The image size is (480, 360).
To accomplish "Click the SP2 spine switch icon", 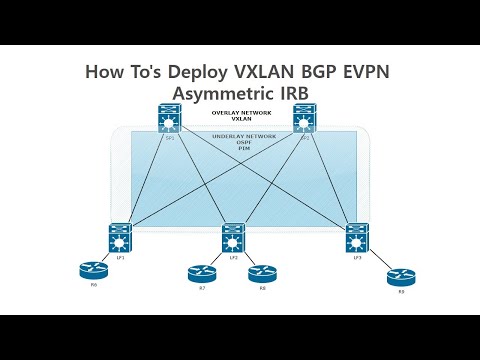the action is tap(305, 120).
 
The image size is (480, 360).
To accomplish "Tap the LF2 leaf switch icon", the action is tap(233, 238).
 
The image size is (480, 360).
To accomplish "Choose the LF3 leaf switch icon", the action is tap(357, 238).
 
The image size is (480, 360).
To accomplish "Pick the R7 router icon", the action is tap(201, 273).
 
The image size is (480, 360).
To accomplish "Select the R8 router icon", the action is tap(261, 273).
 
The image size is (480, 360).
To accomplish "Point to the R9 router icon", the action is tap(401, 277).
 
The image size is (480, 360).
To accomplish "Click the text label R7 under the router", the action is tap(201, 288).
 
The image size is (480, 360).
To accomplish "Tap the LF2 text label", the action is tap(233, 257).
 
